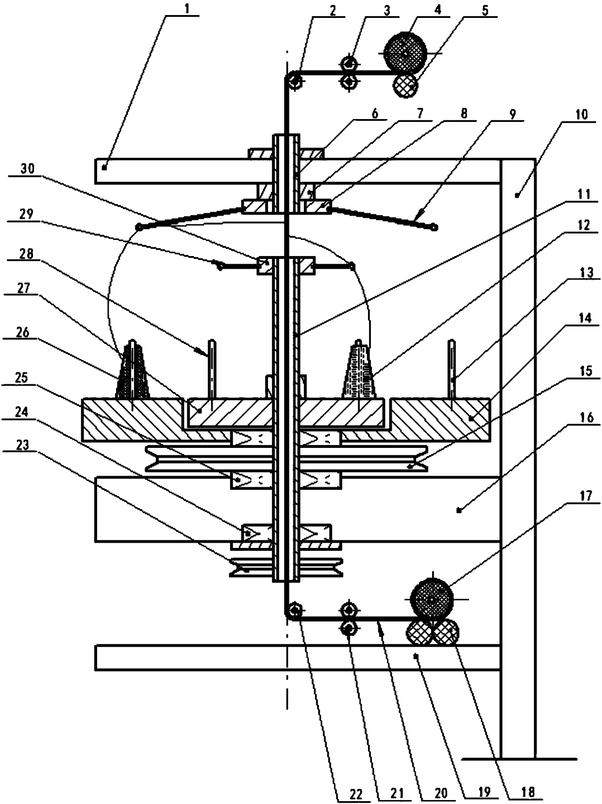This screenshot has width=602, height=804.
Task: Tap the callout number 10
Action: [x=582, y=115]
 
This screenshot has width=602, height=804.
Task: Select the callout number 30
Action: [x=28, y=169]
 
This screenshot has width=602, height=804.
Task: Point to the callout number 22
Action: [x=356, y=794]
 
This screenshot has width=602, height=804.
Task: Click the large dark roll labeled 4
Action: [x=405, y=53]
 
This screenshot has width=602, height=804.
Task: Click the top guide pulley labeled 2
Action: [x=294, y=81]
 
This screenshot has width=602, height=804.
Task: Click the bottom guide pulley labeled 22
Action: [x=294, y=611]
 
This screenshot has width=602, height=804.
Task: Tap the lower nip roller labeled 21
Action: [x=349, y=628]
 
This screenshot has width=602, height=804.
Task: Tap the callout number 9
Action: [x=514, y=115]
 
